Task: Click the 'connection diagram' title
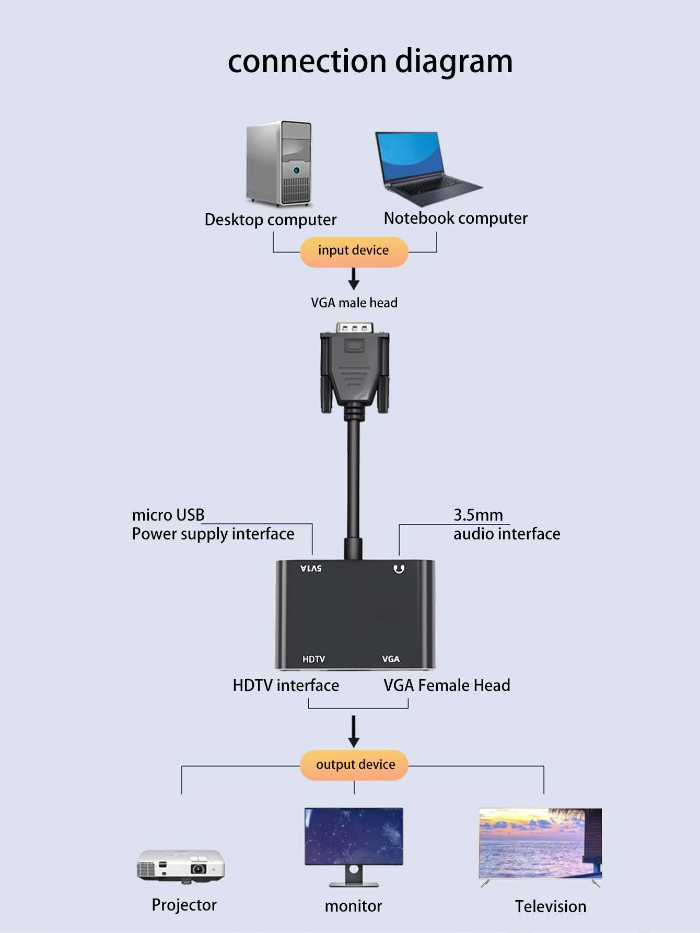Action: [370, 62]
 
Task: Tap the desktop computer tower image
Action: [279, 163]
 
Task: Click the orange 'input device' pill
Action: [354, 251]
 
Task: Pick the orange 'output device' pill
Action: [355, 765]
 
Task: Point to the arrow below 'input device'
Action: [354, 279]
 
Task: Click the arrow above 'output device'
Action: [354, 731]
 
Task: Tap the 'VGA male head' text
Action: [354, 303]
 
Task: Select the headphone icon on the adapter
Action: [399, 569]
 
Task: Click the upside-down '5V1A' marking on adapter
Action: [311, 569]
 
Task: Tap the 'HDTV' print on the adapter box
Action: [313, 659]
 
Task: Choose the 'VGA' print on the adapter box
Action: [391, 659]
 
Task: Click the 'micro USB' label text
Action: [168, 515]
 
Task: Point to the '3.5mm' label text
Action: [478, 515]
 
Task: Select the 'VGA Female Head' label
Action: [447, 685]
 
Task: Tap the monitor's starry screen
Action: [354, 836]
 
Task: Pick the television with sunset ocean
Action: [540, 844]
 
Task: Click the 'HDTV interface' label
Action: [286, 685]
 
